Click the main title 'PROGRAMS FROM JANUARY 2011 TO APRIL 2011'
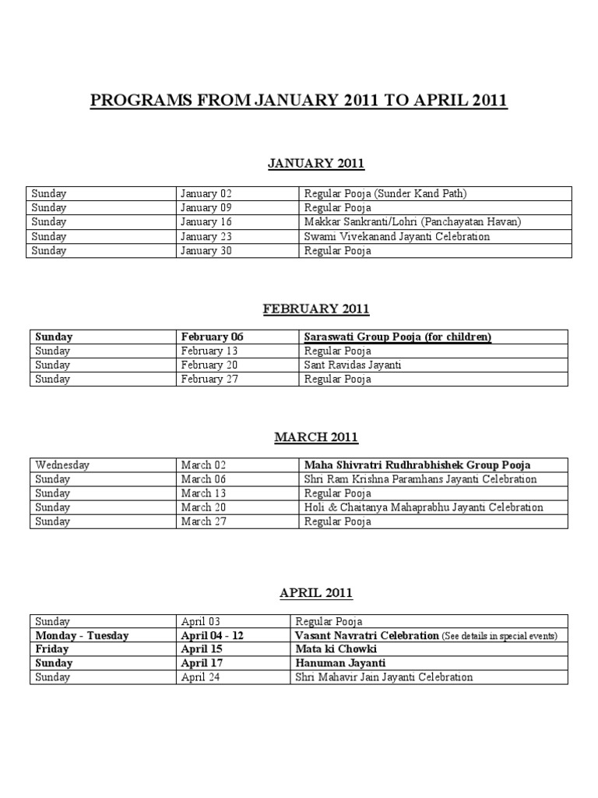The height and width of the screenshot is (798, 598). click(x=299, y=101)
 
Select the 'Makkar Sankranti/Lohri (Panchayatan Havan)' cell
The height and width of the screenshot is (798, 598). click(x=413, y=222)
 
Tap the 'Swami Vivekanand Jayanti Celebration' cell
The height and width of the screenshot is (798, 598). click(x=397, y=236)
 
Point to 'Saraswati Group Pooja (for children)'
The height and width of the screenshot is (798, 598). click(x=397, y=337)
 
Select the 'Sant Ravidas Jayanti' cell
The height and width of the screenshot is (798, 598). click(x=352, y=365)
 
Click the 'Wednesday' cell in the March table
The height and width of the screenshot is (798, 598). click(x=62, y=465)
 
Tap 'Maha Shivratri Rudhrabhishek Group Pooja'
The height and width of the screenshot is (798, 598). click(x=417, y=465)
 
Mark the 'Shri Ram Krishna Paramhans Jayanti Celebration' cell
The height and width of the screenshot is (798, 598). click(x=420, y=479)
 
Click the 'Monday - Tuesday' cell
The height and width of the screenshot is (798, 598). click(x=82, y=635)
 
